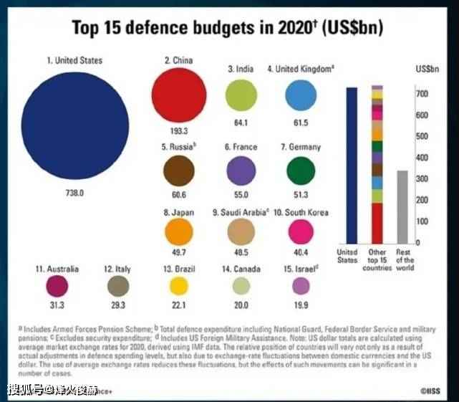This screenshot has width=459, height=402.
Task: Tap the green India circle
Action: click(x=241, y=95)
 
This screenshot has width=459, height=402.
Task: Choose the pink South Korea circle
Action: click(x=301, y=231)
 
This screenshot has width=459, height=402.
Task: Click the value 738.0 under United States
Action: click(x=75, y=193)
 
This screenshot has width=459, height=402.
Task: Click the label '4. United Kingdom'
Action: click(x=301, y=69)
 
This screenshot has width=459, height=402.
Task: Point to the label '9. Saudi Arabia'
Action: click(x=241, y=212)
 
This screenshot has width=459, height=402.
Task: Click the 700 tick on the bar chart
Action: click(x=423, y=95)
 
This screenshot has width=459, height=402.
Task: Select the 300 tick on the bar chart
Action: click(x=423, y=179)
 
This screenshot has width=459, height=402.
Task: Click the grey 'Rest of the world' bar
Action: click(x=402, y=207)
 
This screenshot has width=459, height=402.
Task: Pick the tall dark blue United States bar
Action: click(x=351, y=166)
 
